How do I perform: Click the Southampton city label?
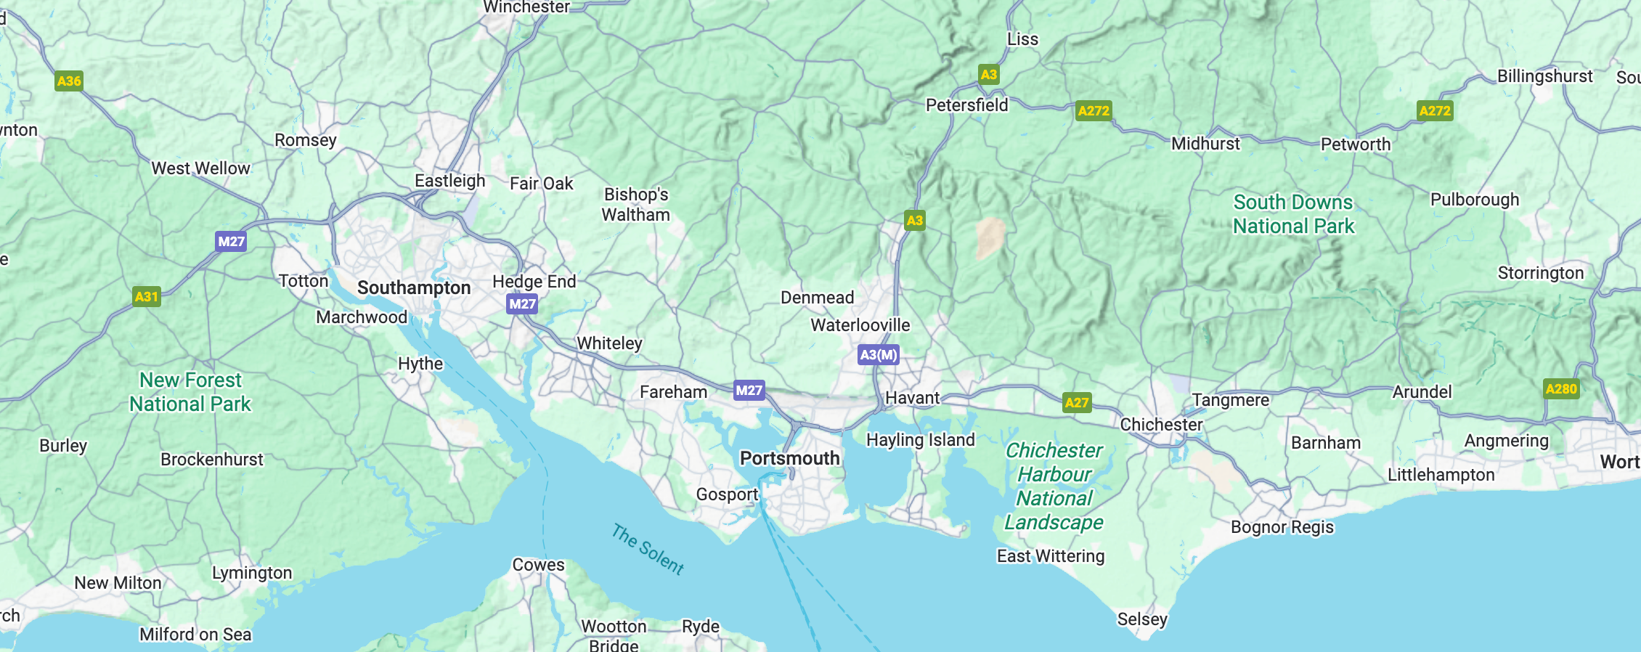point(414,288)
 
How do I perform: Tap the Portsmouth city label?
point(789,459)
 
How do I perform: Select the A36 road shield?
point(69,81)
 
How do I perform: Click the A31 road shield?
point(146,296)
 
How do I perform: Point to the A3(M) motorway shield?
point(878,355)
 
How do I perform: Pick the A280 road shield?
point(1561,388)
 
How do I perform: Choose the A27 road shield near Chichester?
point(1076,402)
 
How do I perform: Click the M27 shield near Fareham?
point(749,391)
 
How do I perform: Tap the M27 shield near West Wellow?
point(231,241)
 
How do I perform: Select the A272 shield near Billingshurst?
point(1435,110)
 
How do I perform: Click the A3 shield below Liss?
point(988,74)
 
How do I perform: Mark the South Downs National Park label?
point(1293,214)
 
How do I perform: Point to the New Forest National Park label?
point(190,392)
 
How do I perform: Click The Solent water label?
point(648,550)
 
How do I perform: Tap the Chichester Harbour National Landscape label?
point(1054,486)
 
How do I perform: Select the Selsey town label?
point(1142,619)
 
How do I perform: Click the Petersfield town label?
point(966,105)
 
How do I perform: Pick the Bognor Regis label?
point(1282,527)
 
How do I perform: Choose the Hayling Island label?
point(920,440)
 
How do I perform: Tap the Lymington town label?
point(252,573)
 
